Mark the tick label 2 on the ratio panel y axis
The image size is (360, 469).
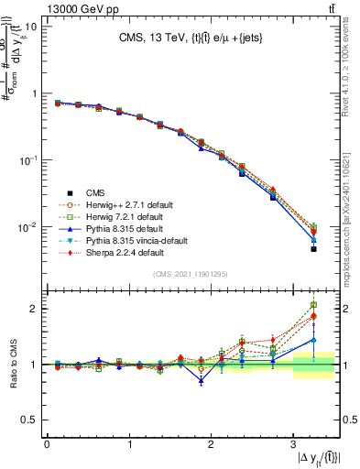point(34,309)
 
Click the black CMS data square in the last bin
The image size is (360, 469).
point(313,248)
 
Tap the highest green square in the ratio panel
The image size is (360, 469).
point(313,305)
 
